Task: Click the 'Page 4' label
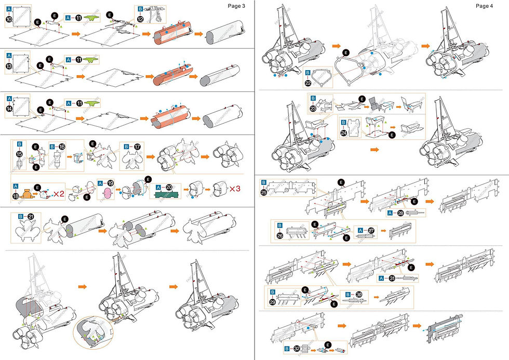[x=485, y=6]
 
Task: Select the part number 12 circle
[x=140, y=19]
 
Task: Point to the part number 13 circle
[x=9, y=65]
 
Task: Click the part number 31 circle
[x=392, y=278]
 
